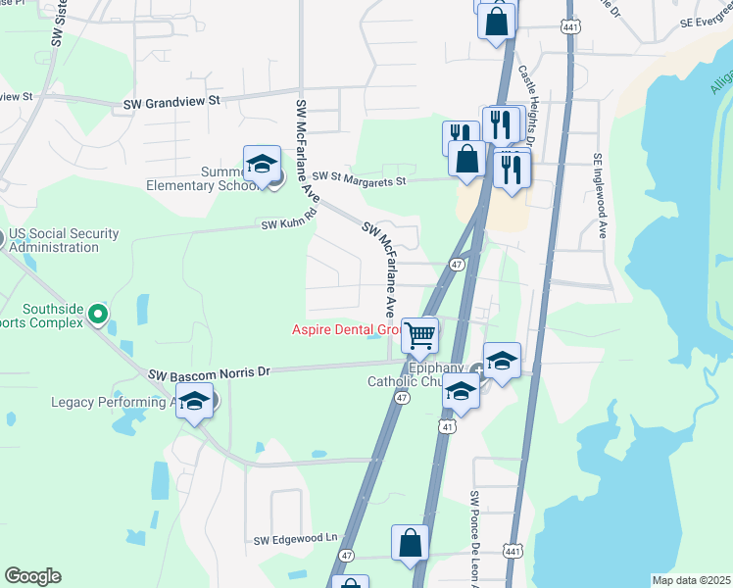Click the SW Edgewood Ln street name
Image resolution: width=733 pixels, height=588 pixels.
point(295,538)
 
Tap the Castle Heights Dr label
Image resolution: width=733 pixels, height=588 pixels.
point(525,106)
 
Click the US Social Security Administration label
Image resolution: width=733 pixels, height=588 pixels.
point(65,240)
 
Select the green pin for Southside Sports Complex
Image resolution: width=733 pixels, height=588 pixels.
point(97,315)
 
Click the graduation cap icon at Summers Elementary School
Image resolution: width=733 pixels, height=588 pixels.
point(262,166)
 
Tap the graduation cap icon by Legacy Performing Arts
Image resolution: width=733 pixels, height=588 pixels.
point(195,402)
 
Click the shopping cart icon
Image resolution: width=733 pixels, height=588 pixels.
point(419,334)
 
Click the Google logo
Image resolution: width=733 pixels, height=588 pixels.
point(32,576)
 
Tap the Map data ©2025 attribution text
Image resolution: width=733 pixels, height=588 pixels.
point(690,580)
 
